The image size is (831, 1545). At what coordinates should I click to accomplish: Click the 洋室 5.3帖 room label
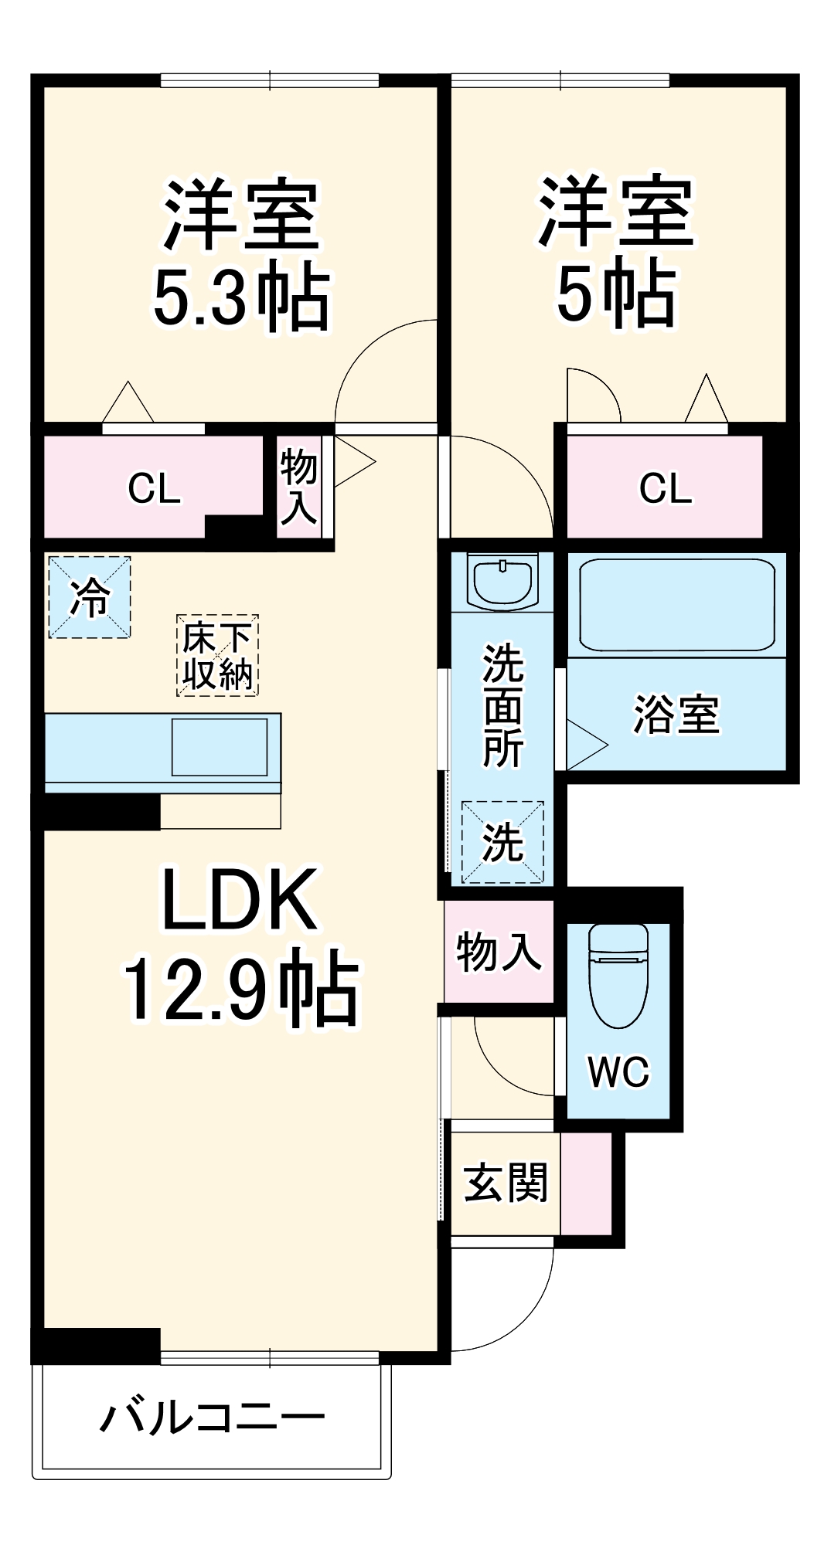[241, 255]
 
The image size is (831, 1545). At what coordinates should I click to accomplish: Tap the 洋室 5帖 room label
[616, 252]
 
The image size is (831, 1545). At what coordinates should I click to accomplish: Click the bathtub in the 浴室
[676, 604]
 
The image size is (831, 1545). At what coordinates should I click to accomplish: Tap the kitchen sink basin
[220, 746]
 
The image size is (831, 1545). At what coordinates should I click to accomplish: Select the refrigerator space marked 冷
[90, 597]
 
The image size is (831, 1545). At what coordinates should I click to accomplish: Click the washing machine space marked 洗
[502, 842]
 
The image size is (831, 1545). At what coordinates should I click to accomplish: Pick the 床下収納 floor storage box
[217, 656]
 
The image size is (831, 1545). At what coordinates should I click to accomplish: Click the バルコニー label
[213, 1418]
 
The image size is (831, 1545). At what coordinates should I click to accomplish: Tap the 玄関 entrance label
[506, 1183]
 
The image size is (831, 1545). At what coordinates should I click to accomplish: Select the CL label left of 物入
[154, 488]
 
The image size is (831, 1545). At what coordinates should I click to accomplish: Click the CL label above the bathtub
[666, 488]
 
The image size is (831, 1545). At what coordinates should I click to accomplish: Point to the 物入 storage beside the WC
[499, 951]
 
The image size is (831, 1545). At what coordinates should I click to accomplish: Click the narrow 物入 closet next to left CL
[298, 487]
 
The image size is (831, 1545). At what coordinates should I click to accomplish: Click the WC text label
[618, 1071]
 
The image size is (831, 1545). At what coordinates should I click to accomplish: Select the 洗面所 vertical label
[503, 705]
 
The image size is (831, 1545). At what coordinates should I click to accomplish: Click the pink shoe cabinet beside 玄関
[586, 1183]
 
